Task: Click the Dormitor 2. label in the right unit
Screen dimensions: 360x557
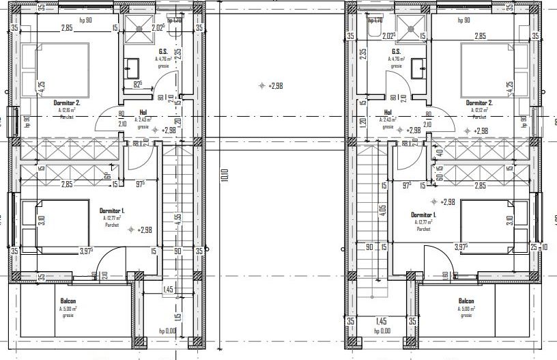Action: (x=481, y=102)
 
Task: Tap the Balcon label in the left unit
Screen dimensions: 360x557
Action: (x=68, y=301)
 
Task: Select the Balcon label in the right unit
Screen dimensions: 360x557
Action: (x=466, y=301)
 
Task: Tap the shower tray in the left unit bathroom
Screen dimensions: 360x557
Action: (x=141, y=27)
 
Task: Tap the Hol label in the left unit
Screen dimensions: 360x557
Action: (x=143, y=114)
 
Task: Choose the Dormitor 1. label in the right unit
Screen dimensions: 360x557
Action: (x=425, y=215)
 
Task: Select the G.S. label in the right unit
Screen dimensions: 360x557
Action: (x=395, y=52)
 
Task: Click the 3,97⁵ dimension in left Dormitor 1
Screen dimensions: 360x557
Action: (x=86, y=251)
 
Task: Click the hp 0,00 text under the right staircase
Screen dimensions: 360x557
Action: (x=383, y=331)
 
